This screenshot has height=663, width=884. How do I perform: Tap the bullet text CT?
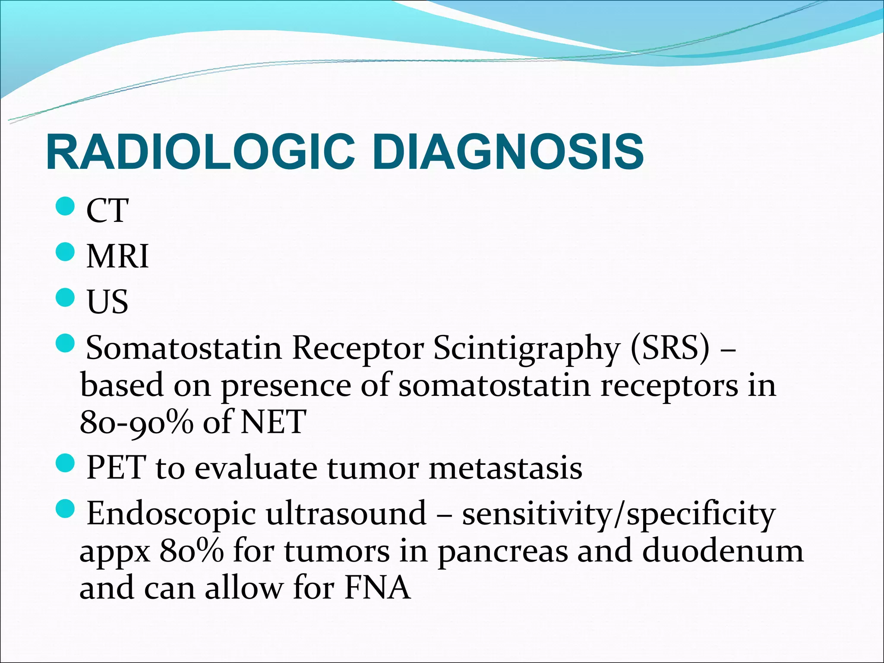click(x=107, y=210)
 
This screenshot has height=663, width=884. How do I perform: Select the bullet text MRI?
click(x=117, y=256)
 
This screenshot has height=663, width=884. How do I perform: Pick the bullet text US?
click(x=107, y=301)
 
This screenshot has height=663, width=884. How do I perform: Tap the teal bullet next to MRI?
click(x=66, y=251)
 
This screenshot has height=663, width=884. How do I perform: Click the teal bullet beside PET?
click(x=66, y=463)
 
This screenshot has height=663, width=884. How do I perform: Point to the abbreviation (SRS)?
click(x=669, y=348)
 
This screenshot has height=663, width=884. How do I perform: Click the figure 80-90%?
click(x=136, y=422)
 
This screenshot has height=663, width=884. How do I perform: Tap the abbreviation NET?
click(x=273, y=422)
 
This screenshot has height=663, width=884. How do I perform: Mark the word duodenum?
click(x=723, y=551)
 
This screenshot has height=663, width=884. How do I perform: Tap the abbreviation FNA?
click(x=377, y=588)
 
